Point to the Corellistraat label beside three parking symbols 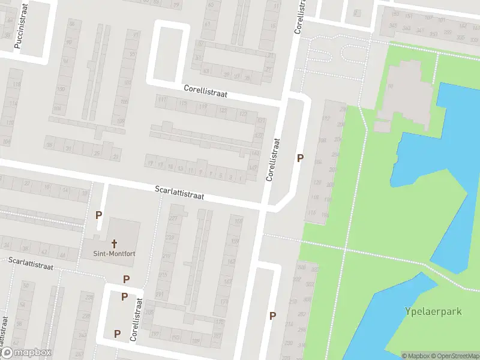coord(137,320)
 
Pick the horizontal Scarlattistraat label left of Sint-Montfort coord(31,263)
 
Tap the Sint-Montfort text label coord(113,254)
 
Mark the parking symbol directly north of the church coord(99,215)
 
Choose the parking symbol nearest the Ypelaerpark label coord(272,316)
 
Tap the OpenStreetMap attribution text coord(455,356)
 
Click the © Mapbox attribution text coord(416,356)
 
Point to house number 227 coord(174,218)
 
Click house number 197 coord(155,334)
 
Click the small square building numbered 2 coord(357,12)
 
